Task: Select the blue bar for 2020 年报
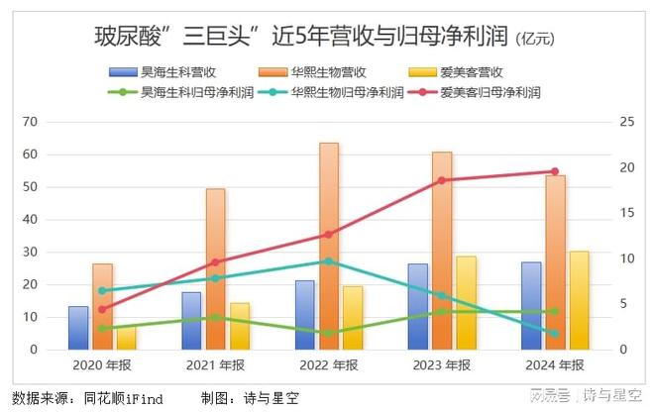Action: click(78, 328)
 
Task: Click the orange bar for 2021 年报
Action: click(215, 268)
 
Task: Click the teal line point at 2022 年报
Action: click(329, 261)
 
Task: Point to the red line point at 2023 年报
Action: click(442, 180)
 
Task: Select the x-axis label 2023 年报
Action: click(442, 364)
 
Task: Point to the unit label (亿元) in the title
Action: click(535, 41)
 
